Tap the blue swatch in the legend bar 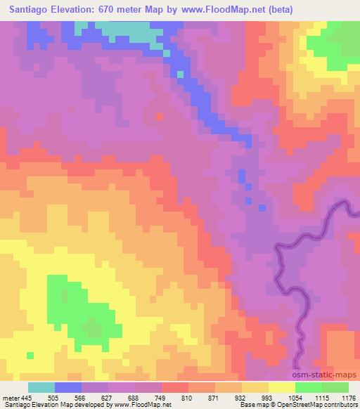tap(67, 387)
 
